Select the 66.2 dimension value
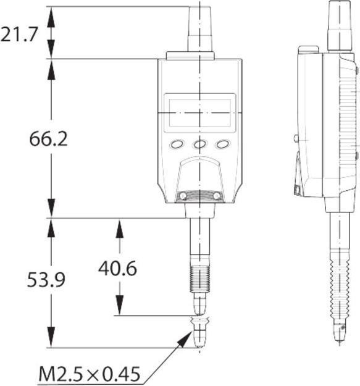pyautogui.click(x=48, y=138)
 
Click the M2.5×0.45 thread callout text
pyautogui.click(x=89, y=374)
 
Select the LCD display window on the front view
pyautogui.click(x=199, y=113)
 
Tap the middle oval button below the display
pyautogui.click(x=199, y=144)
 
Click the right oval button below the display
pyautogui.click(x=222, y=144)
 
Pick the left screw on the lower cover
pyautogui.click(x=182, y=196)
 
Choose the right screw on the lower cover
pyautogui.click(x=217, y=196)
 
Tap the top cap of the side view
pyautogui.click(x=338, y=25)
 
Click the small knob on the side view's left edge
pyautogui.click(x=296, y=138)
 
